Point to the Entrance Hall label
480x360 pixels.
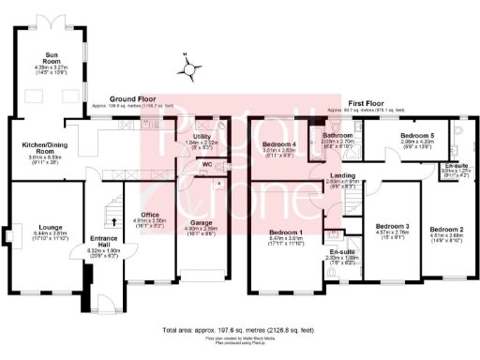(104, 238)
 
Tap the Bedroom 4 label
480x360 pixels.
(278, 143)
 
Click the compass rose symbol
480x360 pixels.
(190, 67)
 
